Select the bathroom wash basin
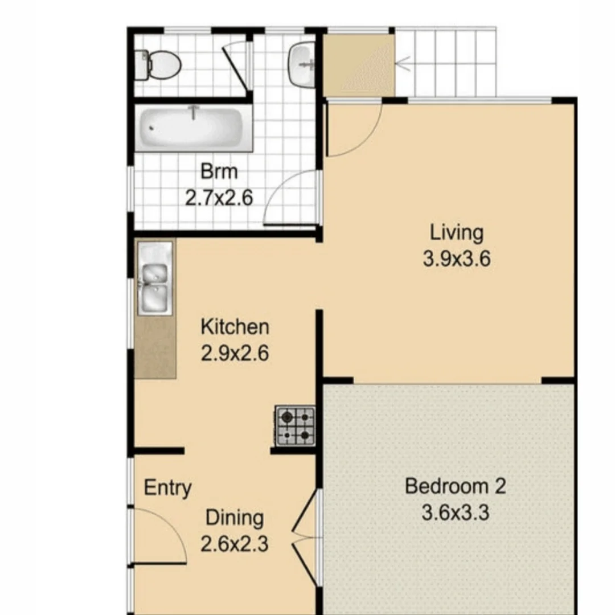coord(302,65)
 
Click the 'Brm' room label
coord(219,171)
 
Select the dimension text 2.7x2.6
coord(219,198)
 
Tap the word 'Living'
coord(456,233)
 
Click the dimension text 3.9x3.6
coord(456,260)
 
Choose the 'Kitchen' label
coord(235,327)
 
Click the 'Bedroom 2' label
coord(455,486)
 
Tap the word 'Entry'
coord(167,488)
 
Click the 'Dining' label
coord(235,518)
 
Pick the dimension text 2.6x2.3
coord(235,544)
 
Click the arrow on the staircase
coord(405,64)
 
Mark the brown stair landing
coord(359,65)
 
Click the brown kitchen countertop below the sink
coord(155,347)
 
